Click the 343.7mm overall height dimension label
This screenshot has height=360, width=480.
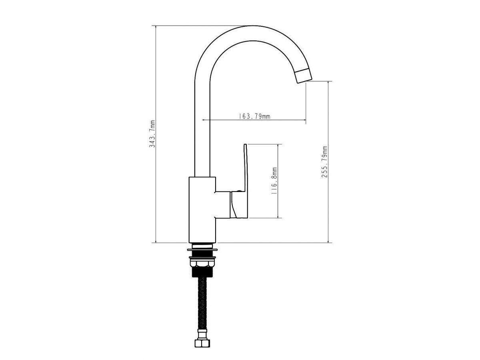click(x=152, y=134)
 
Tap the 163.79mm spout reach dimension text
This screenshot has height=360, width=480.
click(x=254, y=116)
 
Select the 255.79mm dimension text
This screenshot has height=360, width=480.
click(x=324, y=162)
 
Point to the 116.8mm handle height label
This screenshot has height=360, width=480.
click(x=274, y=181)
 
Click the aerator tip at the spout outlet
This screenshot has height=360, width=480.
click(x=304, y=76)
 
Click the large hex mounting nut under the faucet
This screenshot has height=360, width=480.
click(x=202, y=263)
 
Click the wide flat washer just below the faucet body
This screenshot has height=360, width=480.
click(x=202, y=250)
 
